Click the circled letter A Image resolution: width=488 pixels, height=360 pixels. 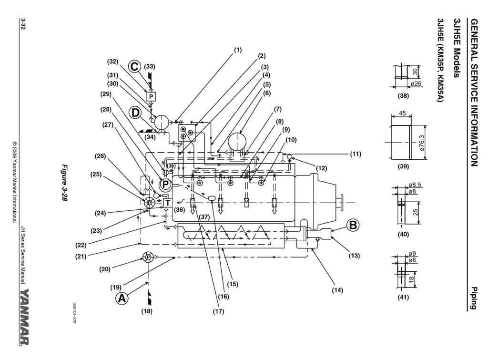pos(122,298)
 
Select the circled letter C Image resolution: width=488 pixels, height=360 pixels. pos(135,67)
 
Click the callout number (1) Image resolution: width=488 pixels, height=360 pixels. pos(238,50)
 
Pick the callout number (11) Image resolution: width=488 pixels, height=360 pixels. pos(356,154)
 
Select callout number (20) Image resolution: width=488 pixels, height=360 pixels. pos(105,269)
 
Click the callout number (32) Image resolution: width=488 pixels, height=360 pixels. pos(112,62)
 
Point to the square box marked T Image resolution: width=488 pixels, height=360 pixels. pos(167,203)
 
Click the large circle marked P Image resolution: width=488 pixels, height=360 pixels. pos(165,183)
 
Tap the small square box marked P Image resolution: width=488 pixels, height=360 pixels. pos(151,96)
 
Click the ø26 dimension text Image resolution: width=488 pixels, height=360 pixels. pos(416,84)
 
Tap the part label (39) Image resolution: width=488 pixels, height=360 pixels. pos(404,168)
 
